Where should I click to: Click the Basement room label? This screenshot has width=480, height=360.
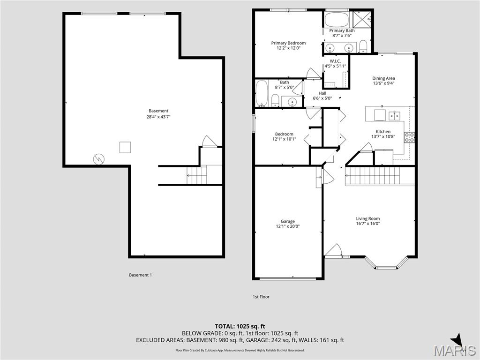coord(158,111)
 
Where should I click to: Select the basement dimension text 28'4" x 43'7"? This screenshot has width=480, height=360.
coord(158,117)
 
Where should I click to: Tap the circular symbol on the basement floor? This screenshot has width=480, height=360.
coord(99,159)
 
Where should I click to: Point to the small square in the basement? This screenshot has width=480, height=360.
coord(125,147)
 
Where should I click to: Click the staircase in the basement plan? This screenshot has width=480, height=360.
coord(197,175)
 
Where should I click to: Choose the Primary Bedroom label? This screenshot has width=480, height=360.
coord(288,43)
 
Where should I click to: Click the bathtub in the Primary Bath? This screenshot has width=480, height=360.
coord(337,20)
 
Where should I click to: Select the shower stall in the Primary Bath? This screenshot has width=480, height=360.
coord(362,19)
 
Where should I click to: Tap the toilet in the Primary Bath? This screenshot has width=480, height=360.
coord(363,46)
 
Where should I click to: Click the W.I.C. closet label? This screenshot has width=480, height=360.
coord(335,61)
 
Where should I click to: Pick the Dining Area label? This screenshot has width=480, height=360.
coord(383,78)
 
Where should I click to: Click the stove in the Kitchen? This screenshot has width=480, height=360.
coord(409,137)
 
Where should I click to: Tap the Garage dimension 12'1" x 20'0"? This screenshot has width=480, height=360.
coord(288,226)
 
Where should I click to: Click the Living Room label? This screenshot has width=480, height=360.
coord(367,218)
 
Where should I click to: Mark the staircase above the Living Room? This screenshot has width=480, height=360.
coord(380,177)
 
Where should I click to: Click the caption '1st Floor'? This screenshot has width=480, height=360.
coord(261,297)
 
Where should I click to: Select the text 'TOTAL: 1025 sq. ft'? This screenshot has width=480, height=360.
coord(240,326)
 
